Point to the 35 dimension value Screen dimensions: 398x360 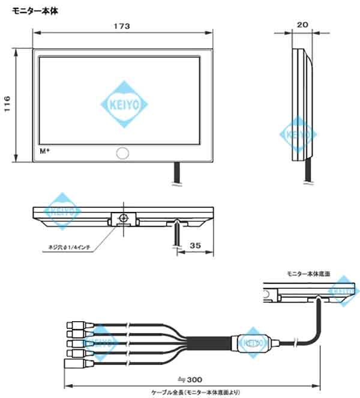pos(194,245)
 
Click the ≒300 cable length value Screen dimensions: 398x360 pos(191,379)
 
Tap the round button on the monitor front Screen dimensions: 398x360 pos(122,153)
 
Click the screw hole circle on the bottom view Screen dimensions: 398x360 pos(123,217)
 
